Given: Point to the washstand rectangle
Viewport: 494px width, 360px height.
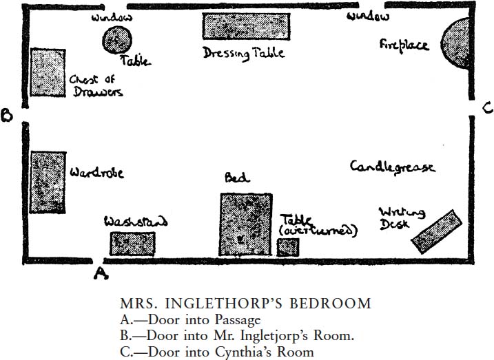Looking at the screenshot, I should [x=132, y=244].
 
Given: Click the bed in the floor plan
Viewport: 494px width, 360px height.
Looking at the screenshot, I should [x=245, y=224].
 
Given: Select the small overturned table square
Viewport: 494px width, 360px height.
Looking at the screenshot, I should [x=287, y=246].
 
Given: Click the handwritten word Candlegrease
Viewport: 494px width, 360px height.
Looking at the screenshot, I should [x=392, y=167].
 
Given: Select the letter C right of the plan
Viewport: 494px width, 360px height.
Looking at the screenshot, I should [x=486, y=108].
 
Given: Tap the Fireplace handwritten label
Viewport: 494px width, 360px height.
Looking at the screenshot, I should [x=404, y=45].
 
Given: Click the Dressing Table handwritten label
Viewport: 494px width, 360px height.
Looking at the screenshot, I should [x=243, y=53].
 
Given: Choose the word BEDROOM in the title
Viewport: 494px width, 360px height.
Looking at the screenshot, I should [x=330, y=304].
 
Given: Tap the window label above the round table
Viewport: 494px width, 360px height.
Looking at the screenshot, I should [x=112, y=17].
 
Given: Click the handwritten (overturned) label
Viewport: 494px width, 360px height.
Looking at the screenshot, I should [x=318, y=231].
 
